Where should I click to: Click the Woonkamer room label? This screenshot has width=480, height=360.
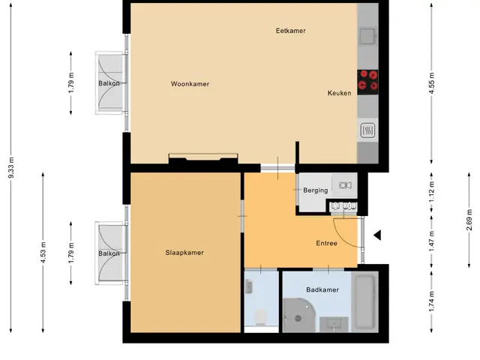190,84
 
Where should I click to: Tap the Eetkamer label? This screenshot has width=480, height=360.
290,31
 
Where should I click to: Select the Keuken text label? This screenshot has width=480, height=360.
339,93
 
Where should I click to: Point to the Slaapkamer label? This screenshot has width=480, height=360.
184,253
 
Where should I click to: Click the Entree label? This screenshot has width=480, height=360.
327,243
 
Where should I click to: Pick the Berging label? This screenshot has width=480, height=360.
315,190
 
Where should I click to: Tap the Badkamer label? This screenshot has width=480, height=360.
322,290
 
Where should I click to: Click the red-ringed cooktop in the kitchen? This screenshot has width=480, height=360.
367,82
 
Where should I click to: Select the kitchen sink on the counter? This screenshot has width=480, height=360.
367,37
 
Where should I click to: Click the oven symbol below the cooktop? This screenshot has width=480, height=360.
367,130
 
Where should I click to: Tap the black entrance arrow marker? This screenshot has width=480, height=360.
377,235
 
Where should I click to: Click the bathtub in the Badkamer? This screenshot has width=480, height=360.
365,301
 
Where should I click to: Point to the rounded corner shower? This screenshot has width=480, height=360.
298,316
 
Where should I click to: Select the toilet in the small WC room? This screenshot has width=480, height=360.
260,317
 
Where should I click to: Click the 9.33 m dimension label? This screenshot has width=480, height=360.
11,167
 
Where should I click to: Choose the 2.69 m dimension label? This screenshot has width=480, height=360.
469,220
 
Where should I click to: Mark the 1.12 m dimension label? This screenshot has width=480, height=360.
432,192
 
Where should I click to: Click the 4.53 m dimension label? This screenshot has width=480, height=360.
43,252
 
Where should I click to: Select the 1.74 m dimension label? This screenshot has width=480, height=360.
432,301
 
